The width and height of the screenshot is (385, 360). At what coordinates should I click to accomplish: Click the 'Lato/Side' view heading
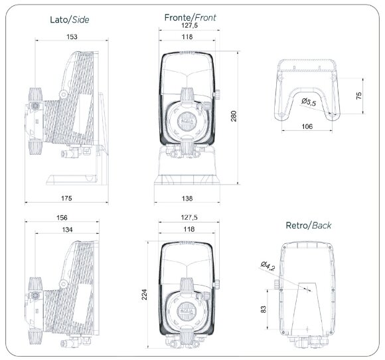(x=68, y=19)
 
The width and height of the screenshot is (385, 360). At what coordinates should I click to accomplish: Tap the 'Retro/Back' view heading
(x=309, y=225)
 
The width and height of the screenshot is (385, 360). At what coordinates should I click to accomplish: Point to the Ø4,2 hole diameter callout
(x=267, y=266)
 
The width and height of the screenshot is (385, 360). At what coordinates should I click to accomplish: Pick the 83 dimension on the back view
(x=263, y=309)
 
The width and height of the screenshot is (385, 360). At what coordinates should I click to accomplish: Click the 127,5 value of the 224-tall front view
(x=189, y=217)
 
